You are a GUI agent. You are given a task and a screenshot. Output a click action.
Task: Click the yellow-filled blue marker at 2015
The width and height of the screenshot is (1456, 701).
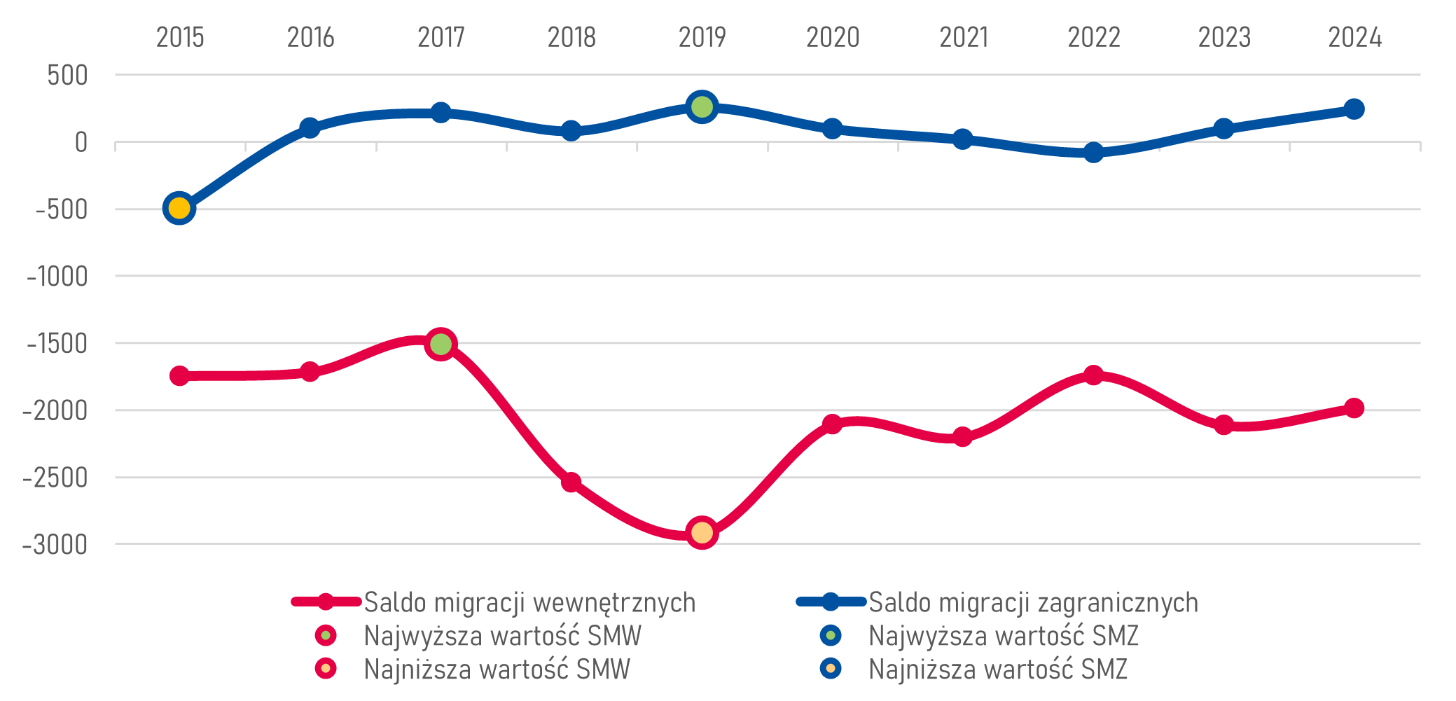click(x=179, y=208)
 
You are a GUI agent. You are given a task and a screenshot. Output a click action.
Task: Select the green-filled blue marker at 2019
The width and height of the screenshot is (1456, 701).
click(x=702, y=106)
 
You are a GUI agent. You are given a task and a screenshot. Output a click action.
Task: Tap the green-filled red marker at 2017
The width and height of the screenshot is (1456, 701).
click(x=441, y=344)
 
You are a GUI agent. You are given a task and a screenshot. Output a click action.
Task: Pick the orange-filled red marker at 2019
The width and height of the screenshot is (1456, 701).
click(x=702, y=532)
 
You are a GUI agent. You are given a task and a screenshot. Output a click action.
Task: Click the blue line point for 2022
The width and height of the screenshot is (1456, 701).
click(x=1093, y=152)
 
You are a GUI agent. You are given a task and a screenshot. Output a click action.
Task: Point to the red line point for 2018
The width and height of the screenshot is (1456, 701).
click(x=571, y=482)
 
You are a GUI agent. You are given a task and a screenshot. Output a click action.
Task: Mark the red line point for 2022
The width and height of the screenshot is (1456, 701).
click(x=1093, y=375)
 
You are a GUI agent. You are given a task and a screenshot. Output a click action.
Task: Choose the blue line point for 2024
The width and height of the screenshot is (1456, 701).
click(x=1354, y=109)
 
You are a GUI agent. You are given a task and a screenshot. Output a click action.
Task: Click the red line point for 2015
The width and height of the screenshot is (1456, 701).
click(x=179, y=375)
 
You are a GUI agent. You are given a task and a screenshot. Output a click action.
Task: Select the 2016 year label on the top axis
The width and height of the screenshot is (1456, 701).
click(x=310, y=37)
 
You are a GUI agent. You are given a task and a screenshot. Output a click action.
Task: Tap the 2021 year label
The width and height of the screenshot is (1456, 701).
click(x=963, y=37)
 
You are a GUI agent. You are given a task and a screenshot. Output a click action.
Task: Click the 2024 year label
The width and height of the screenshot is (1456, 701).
click(x=1354, y=37)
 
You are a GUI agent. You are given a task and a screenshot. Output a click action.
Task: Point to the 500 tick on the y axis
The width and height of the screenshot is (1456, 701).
click(x=68, y=75)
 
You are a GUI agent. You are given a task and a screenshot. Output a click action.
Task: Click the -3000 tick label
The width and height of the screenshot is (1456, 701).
click(x=55, y=544)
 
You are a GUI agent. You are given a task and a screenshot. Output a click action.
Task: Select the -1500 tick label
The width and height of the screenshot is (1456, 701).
click(x=57, y=344)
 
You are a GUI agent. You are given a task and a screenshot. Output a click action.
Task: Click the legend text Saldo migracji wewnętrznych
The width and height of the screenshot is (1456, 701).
click(x=529, y=602)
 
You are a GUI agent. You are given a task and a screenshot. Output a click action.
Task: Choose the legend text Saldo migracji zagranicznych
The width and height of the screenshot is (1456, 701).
click(x=1033, y=602)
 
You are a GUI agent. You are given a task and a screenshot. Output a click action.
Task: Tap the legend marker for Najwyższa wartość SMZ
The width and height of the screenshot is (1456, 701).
click(x=831, y=635)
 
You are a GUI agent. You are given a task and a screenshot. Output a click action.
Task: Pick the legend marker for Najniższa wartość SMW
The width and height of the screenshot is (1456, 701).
click(x=326, y=669)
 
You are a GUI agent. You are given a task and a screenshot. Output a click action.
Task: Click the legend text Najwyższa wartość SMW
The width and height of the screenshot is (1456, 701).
click(x=502, y=636)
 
